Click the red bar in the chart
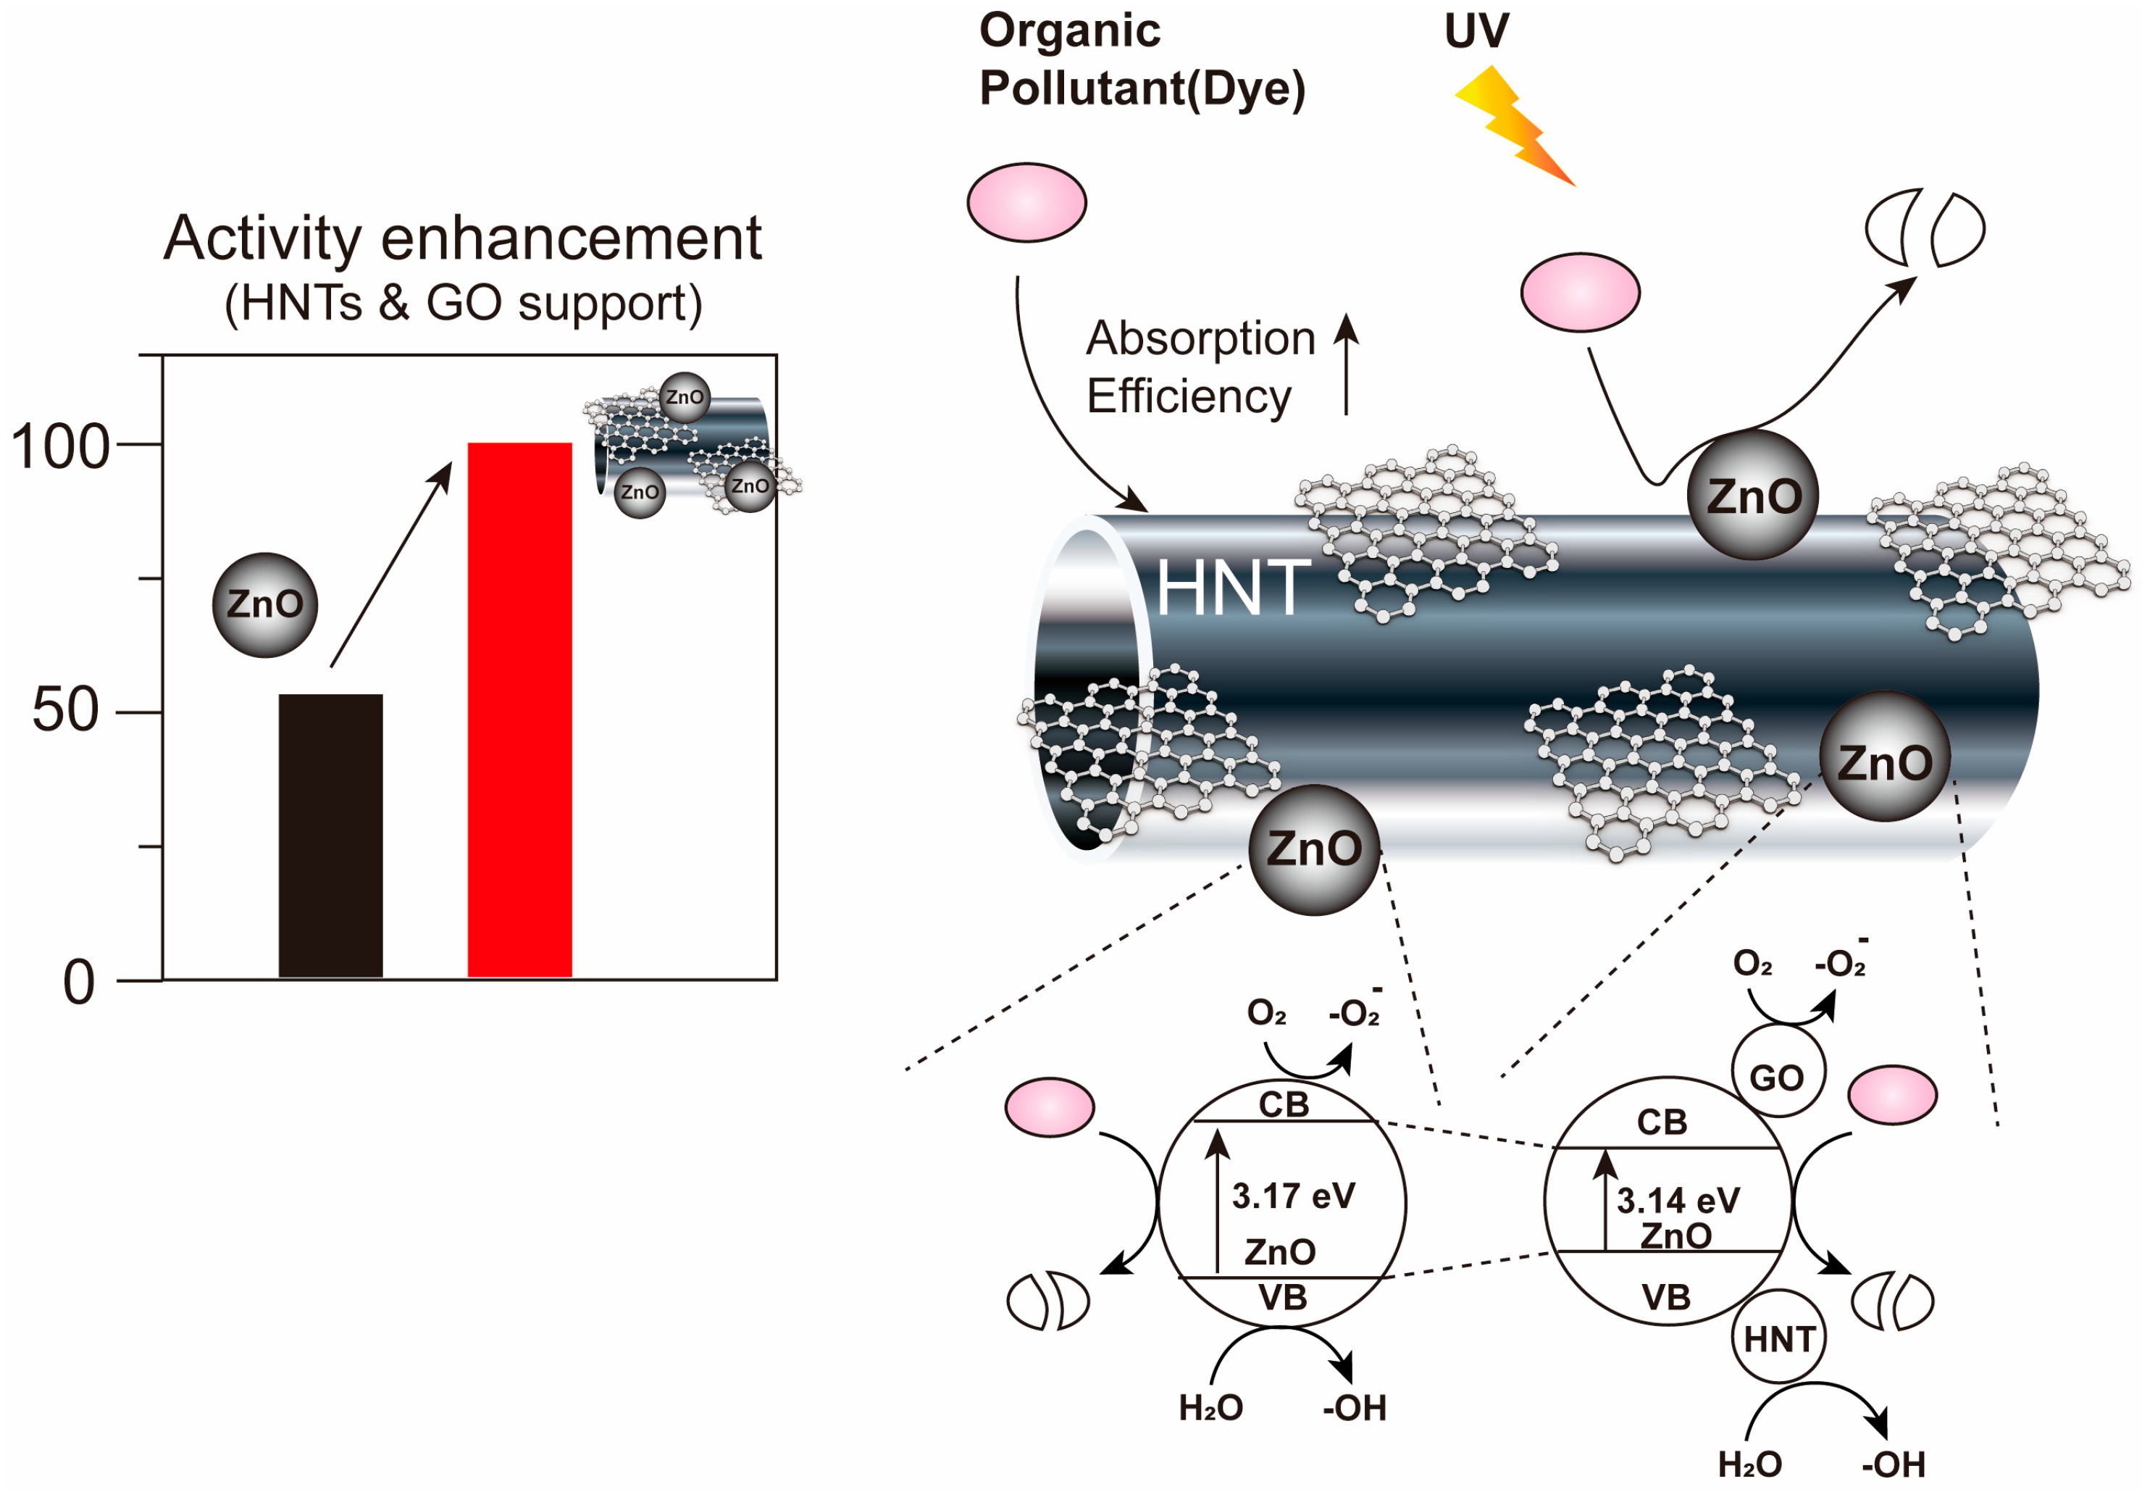point(519,709)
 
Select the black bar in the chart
point(330,835)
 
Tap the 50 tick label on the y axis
point(65,710)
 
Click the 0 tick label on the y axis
point(78,983)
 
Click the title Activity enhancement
point(463,239)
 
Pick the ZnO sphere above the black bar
point(265,604)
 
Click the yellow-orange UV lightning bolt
point(1513,126)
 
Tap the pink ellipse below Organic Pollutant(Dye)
point(1026,202)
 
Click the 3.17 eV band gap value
point(1293,1196)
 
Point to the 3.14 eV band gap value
point(1678,1201)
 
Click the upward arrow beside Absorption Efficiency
point(1345,364)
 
